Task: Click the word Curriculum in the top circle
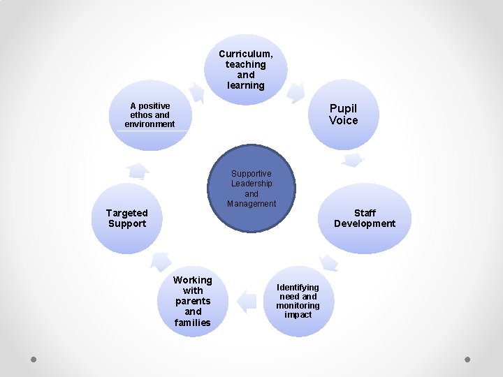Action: click(x=246, y=54)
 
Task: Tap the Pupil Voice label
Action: click(x=343, y=114)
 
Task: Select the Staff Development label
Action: click(x=365, y=219)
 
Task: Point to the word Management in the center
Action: click(x=251, y=204)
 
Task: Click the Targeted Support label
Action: click(x=127, y=219)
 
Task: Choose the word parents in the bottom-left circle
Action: click(x=193, y=301)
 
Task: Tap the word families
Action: click(x=193, y=323)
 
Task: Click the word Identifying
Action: click(x=298, y=288)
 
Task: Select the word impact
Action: click(x=298, y=315)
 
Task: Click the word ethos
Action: click(x=140, y=115)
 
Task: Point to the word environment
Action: click(x=150, y=124)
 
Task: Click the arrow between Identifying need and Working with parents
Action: click(x=247, y=301)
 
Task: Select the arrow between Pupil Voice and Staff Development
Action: click(x=353, y=161)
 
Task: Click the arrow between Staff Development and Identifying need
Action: click(x=328, y=262)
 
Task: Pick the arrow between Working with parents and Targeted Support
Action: click(x=161, y=261)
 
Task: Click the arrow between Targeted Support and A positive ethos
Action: click(x=138, y=170)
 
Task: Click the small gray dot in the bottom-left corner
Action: click(x=34, y=360)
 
